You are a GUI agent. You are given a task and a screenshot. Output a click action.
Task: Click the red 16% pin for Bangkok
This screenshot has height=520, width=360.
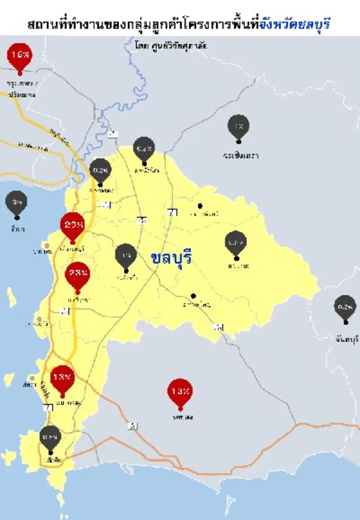pyautogui.click(x=20, y=56)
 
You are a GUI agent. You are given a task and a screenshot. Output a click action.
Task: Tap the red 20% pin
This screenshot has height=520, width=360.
pyautogui.click(x=72, y=225)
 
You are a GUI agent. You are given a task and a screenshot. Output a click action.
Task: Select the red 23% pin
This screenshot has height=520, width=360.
pyautogui.click(x=78, y=274)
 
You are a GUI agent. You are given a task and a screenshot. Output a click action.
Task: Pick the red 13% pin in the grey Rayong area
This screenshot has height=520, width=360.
pyautogui.click(x=180, y=392)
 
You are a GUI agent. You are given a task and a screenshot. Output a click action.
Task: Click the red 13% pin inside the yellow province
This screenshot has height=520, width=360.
pyautogui.click(x=62, y=378)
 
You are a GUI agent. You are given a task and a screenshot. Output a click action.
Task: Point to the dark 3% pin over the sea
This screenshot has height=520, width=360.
pyautogui.click(x=17, y=202)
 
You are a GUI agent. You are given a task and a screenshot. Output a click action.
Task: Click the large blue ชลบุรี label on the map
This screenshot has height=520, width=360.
pyautogui.click(x=171, y=257)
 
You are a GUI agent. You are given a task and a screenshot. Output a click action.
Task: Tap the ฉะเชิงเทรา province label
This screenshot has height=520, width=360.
pyautogui.click(x=240, y=155)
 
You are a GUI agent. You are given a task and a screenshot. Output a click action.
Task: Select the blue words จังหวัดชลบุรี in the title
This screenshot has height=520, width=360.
pyautogui.click(x=295, y=24)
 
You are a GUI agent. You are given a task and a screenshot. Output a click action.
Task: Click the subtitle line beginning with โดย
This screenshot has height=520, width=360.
pyautogui.click(x=171, y=46)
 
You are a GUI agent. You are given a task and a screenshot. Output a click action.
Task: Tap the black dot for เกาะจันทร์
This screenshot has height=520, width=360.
pyautogui.click(x=200, y=206)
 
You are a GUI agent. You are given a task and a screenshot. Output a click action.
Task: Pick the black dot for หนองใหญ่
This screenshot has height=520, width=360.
pyautogui.click(x=193, y=296)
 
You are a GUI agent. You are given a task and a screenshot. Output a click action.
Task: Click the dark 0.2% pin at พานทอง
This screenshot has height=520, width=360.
pyautogui.click(x=100, y=170)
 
